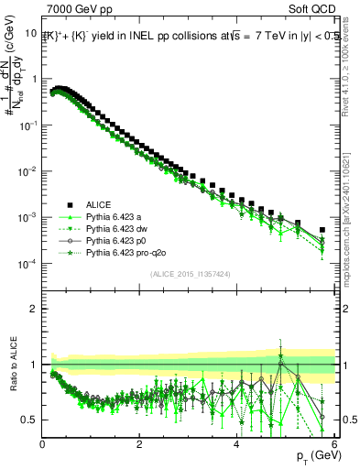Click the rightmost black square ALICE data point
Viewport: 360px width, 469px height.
322,230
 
